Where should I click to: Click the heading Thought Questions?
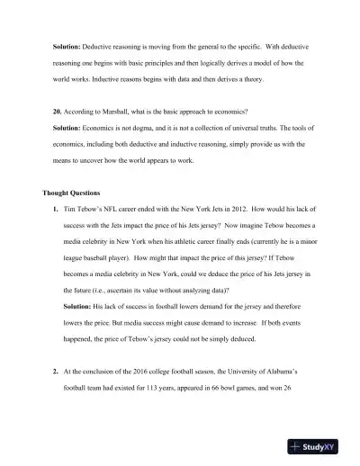pyautogui.click(x=76, y=193)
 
